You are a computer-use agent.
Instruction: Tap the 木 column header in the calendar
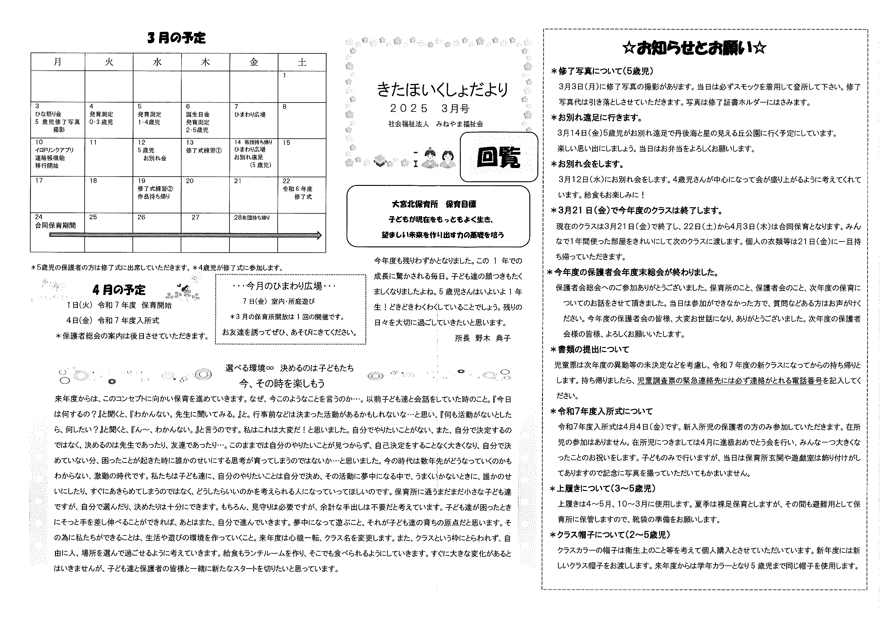[205, 62]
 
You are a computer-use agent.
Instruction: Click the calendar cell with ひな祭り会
[57, 120]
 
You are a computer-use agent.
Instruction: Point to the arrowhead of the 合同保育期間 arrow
[319, 235]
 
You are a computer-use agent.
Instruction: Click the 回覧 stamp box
[498, 157]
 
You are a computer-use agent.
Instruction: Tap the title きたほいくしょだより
[442, 90]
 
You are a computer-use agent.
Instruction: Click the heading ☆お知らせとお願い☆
[694, 48]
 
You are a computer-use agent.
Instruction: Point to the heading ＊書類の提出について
[590, 350]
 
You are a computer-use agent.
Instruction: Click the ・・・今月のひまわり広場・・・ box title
[284, 286]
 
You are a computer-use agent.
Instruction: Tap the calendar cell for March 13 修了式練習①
[205, 157]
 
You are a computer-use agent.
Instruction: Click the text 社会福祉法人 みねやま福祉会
[435, 124]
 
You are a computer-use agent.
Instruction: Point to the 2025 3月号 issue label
[430, 109]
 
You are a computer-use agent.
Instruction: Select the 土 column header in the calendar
[302, 62]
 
